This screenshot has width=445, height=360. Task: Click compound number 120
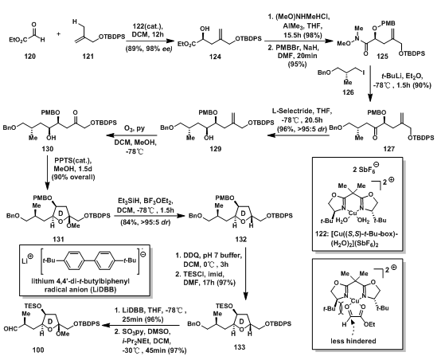[29, 57]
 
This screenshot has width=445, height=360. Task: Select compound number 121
[88, 57]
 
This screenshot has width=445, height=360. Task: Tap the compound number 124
[215, 57]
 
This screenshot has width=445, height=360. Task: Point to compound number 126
[348, 92]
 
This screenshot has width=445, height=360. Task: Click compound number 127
[388, 149]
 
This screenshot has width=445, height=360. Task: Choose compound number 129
[216, 149]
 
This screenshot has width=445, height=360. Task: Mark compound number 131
[58, 240]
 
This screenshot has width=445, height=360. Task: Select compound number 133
[240, 347]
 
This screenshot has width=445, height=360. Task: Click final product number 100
[38, 350]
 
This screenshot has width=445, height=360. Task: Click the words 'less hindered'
[353, 341]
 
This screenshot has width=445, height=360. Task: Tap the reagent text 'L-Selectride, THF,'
[303, 112]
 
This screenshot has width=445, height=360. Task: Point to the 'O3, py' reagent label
[135, 128]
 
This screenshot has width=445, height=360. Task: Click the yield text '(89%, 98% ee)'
[149, 49]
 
